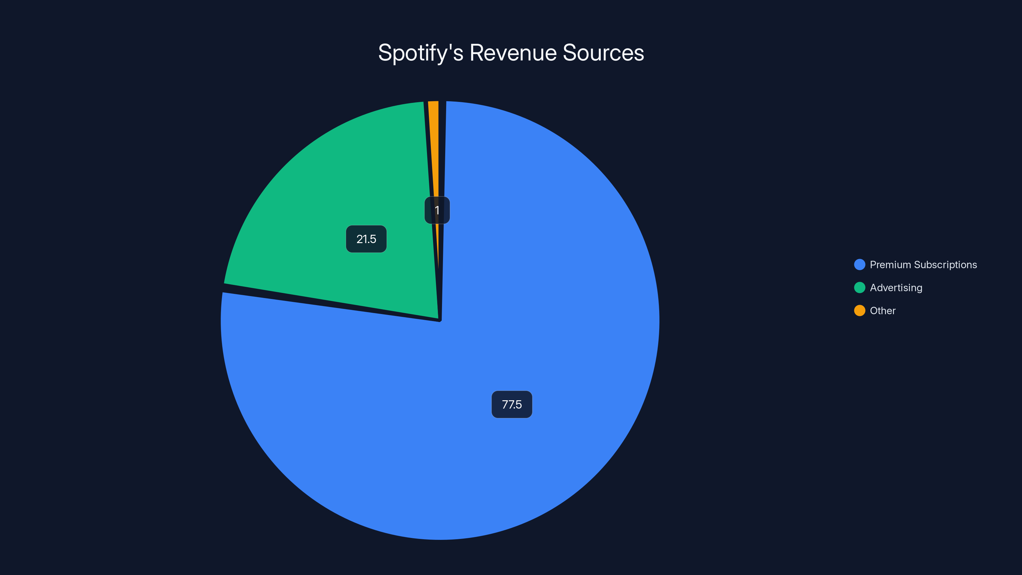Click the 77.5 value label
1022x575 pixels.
(x=512, y=404)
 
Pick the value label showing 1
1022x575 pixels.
(x=437, y=210)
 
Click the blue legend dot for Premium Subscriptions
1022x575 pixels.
(x=859, y=265)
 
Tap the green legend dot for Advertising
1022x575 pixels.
(x=859, y=288)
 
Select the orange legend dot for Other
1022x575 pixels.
(x=859, y=311)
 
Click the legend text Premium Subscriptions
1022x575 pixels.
(x=923, y=265)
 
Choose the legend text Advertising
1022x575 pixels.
(x=896, y=288)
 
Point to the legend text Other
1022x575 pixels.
(x=882, y=311)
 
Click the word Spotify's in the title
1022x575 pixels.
(x=421, y=53)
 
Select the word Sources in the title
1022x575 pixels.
(x=603, y=53)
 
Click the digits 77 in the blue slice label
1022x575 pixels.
(x=507, y=404)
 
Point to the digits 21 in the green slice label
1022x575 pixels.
(x=361, y=239)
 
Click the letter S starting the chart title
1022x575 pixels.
(x=385, y=53)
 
